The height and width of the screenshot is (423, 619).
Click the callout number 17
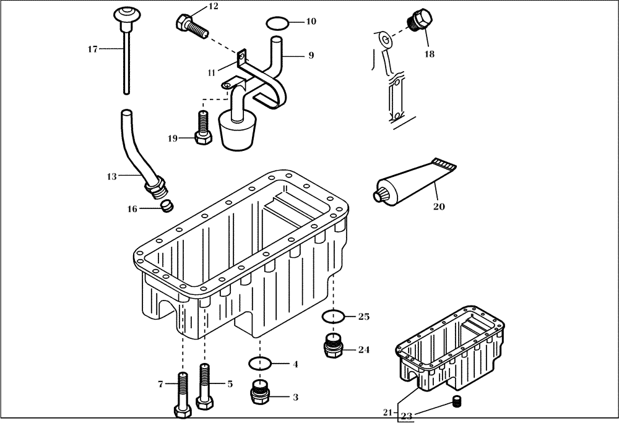[92, 49]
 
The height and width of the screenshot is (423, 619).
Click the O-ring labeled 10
[277, 23]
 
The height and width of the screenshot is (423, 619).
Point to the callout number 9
[311, 55]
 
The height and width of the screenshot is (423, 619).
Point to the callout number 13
[111, 176]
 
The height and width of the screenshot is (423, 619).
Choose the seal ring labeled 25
[333, 317]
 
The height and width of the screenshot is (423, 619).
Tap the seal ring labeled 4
[260, 363]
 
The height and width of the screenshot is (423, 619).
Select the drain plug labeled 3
[260, 393]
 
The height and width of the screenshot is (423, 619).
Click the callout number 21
[388, 412]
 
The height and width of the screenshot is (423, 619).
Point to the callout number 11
[212, 72]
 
